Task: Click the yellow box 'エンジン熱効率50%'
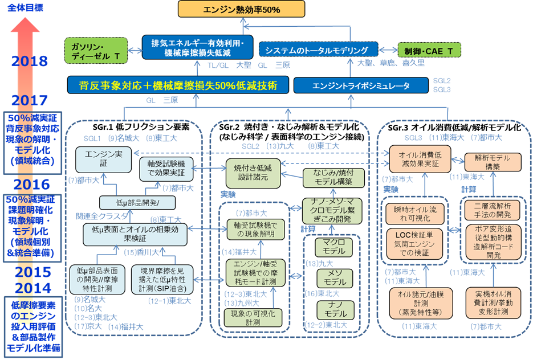(242, 9)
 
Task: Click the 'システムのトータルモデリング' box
(318, 50)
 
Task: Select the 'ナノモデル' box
(331, 310)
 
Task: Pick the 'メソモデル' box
(331, 279)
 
